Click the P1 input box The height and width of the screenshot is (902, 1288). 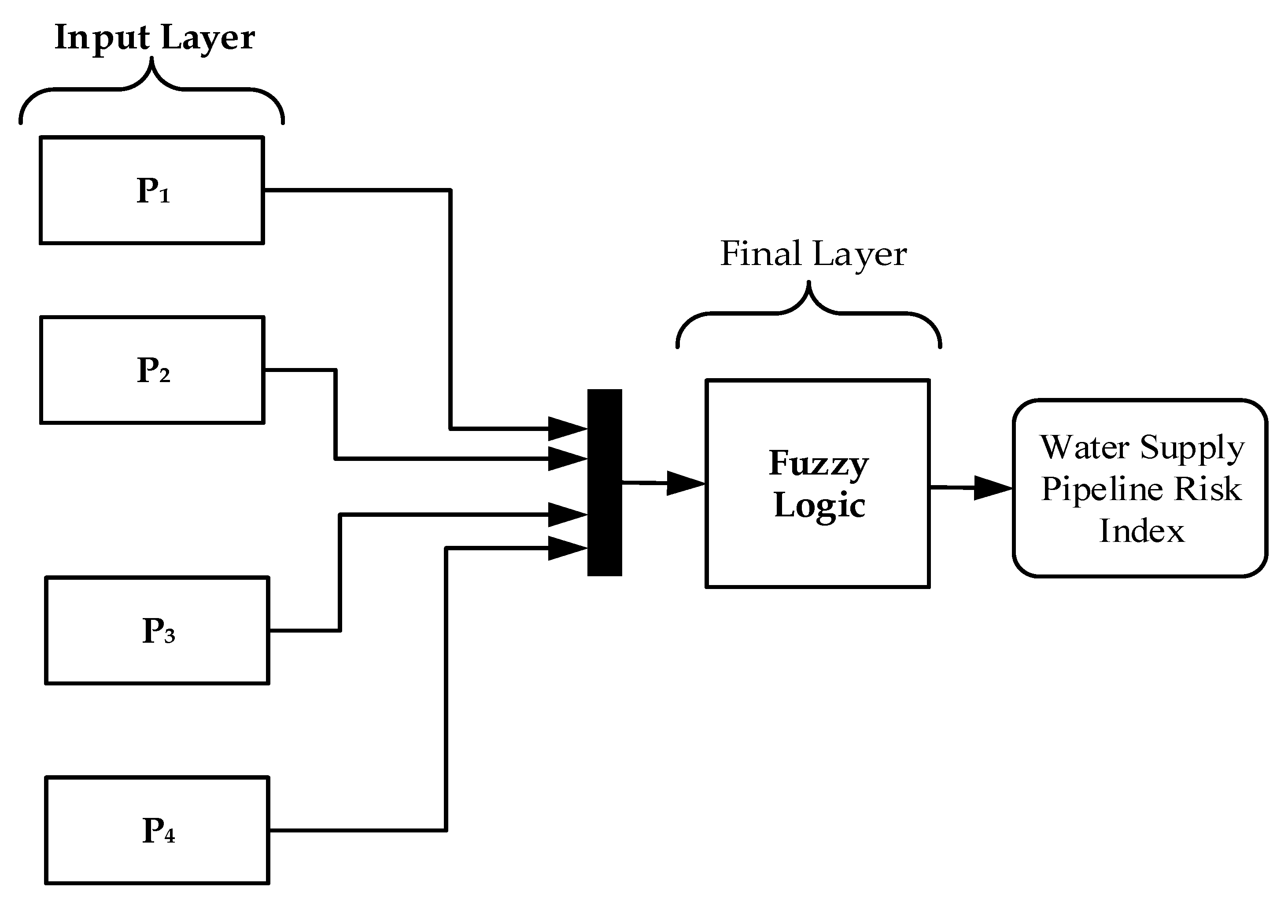(151, 190)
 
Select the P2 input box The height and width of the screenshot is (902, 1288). (152, 370)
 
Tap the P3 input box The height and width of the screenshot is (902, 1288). (157, 630)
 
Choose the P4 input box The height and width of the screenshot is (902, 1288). (157, 830)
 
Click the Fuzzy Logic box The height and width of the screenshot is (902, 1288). (817, 483)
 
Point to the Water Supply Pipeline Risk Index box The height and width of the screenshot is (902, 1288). (1140, 488)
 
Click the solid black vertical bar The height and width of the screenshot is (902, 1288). (604, 482)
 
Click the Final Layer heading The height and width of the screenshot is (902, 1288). (813, 254)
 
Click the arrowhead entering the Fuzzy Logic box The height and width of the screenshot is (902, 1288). (685, 483)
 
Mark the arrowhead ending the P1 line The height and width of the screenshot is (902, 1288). (567, 429)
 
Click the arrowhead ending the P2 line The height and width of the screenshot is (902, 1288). (567, 458)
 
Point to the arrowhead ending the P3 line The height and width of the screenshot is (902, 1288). (567, 514)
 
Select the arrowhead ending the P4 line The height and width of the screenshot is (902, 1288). (567, 548)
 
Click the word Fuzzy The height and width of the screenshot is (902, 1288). (819, 464)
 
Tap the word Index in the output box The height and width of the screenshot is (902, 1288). (1141, 530)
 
